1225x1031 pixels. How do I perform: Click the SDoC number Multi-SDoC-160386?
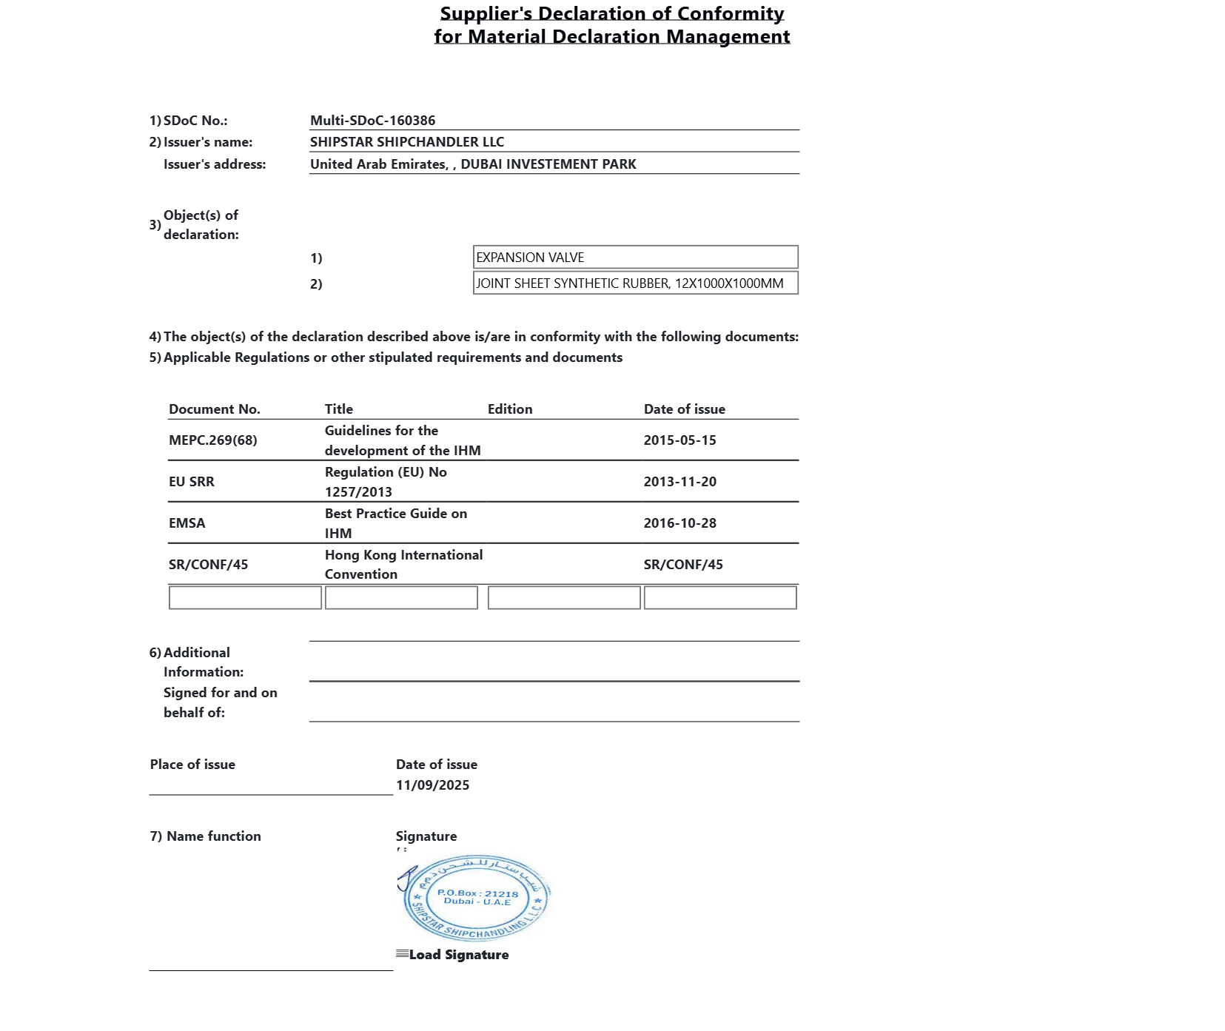tap(372, 121)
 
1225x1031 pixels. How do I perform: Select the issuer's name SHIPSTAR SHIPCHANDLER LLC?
tap(406, 142)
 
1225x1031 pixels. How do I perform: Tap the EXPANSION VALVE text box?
tap(635, 258)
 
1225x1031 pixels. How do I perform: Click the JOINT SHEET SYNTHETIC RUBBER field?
tap(635, 283)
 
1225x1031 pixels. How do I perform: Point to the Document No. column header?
tap(214, 409)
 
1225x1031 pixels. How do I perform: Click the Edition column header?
tap(509, 409)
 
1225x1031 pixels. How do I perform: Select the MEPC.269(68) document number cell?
tap(212, 440)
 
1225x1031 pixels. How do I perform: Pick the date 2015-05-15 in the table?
tap(679, 440)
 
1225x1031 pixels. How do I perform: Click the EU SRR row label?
tap(191, 482)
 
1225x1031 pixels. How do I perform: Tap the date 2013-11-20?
tap(679, 482)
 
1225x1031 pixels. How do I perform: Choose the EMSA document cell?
tap(187, 523)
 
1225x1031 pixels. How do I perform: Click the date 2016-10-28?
tap(679, 523)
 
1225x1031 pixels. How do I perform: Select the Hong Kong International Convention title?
tap(403, 564)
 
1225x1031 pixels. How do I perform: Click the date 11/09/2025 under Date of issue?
tap(432, 785)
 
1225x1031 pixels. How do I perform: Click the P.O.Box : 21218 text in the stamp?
tap(477, 893)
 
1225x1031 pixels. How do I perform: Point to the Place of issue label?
tap(192, 765)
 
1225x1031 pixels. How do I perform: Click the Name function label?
tap(213, 836)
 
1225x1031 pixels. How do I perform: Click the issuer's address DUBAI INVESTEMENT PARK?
tap(548, 164)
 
